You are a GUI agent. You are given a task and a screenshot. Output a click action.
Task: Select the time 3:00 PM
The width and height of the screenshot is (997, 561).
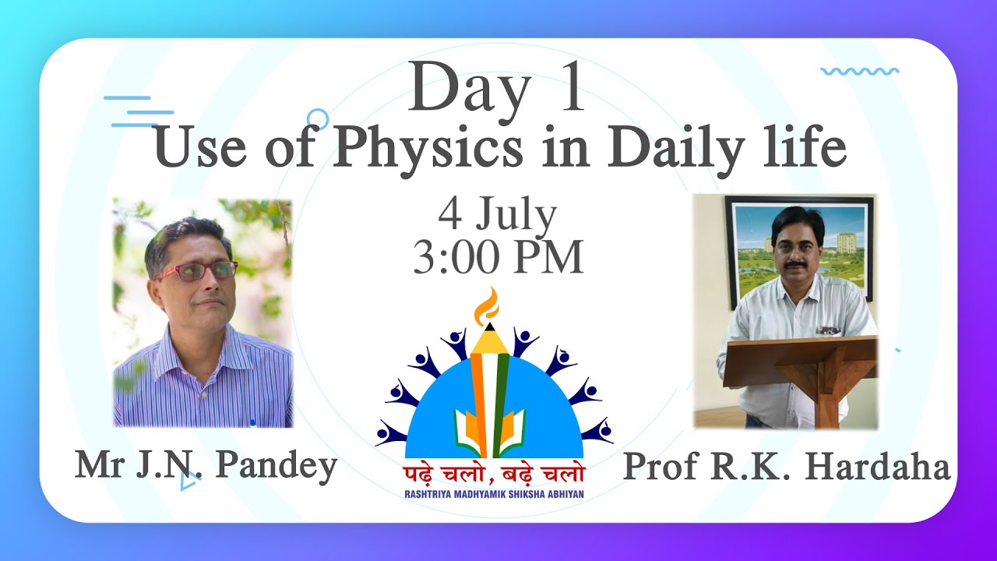click(498, 257)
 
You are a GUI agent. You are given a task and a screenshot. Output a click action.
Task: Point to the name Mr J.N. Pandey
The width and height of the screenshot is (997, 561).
click(206, 465)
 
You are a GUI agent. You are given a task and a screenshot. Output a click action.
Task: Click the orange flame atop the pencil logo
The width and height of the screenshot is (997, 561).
click(488, 306)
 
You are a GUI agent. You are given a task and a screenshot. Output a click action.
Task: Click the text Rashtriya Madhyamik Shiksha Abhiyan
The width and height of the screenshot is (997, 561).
click(494, 494)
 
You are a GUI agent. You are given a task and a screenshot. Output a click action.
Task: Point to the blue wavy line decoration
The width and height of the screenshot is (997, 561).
click(859, 71)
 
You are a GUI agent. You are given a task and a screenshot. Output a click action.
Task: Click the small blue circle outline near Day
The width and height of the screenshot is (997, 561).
click(317, 118)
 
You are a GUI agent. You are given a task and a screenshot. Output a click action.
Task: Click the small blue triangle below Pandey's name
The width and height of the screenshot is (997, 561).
click(187, 483)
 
